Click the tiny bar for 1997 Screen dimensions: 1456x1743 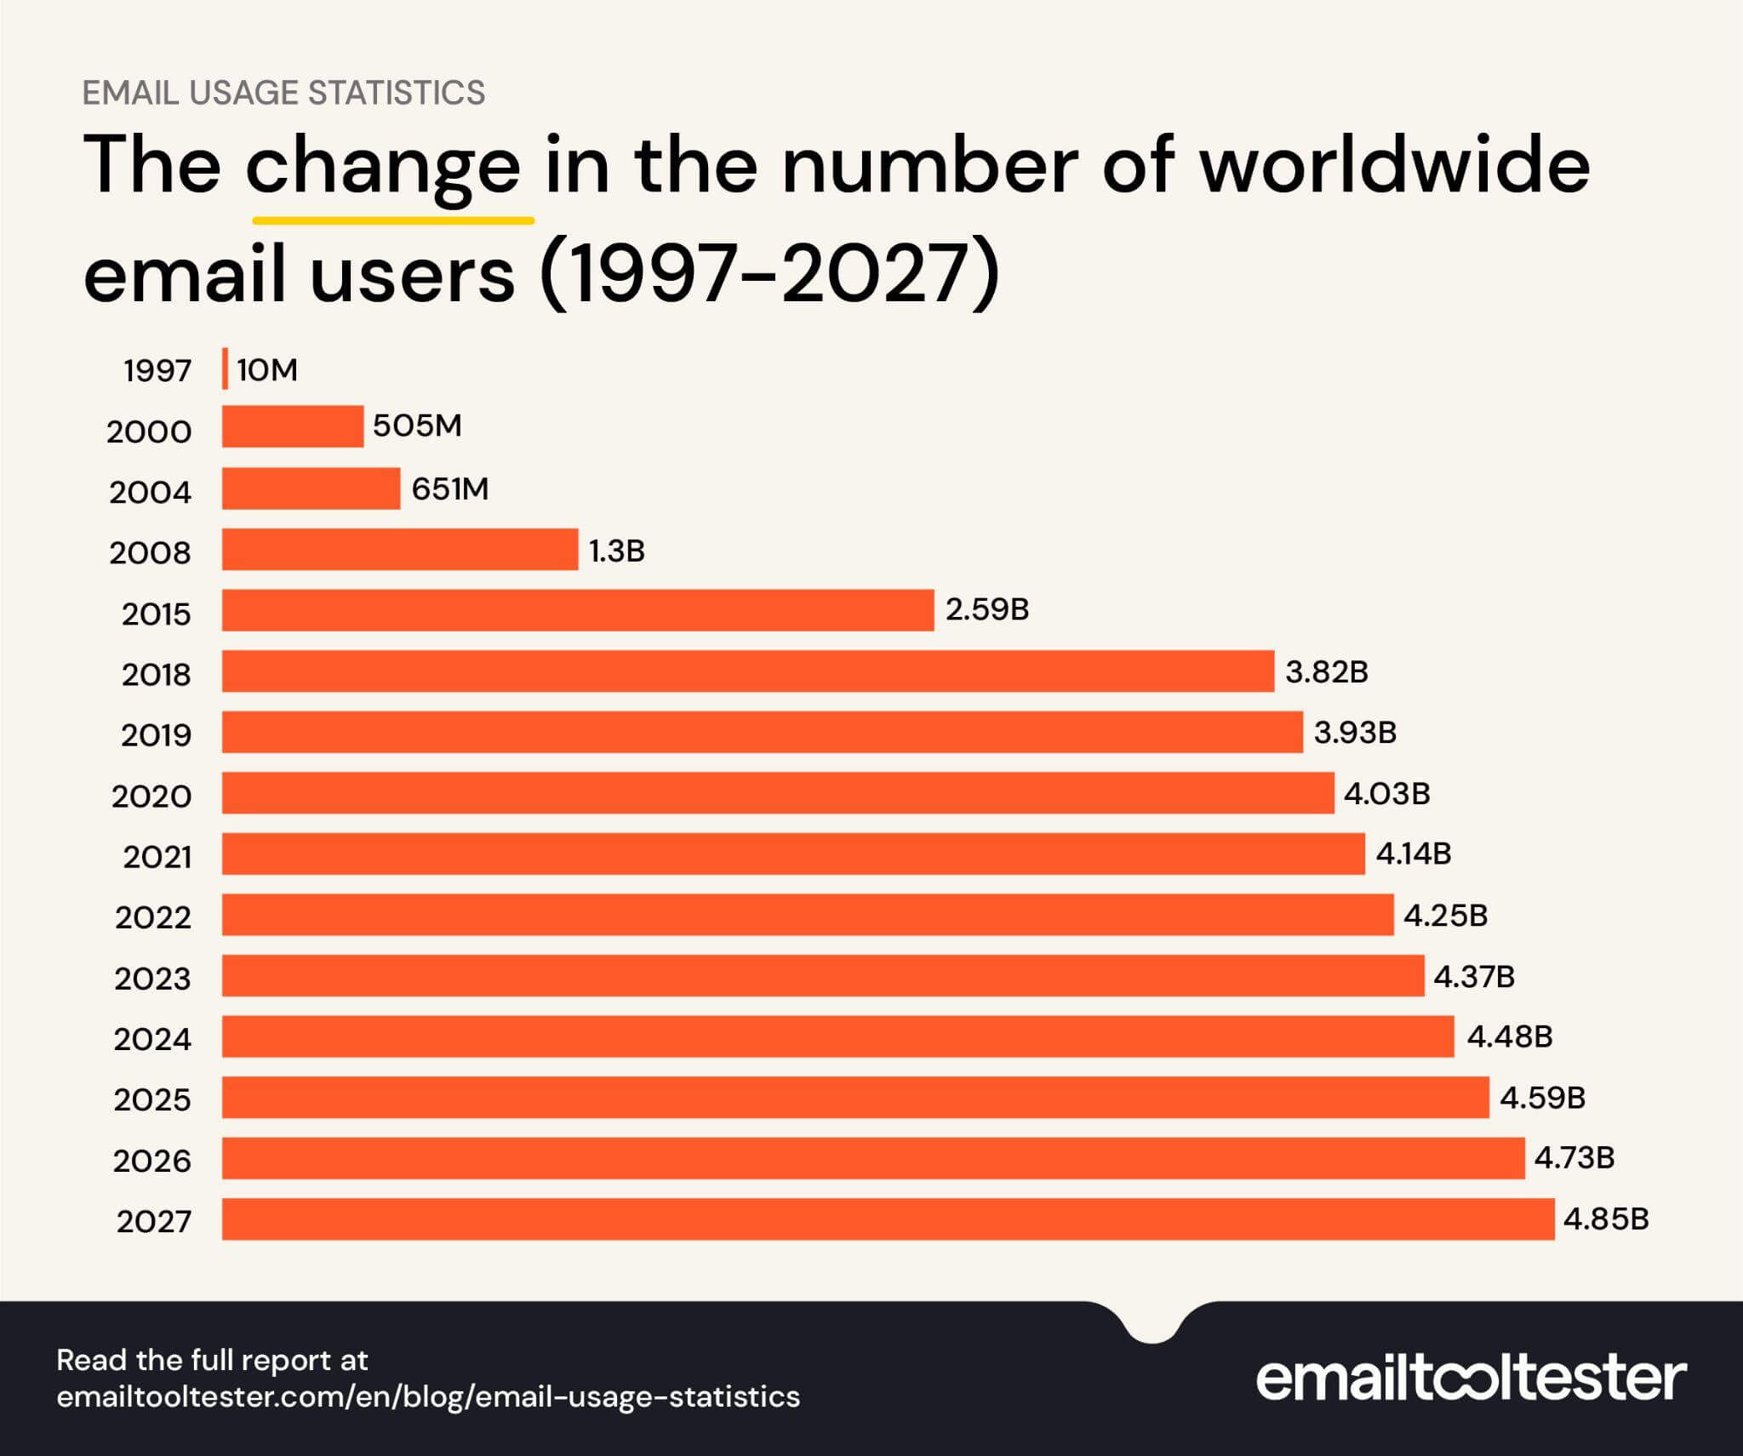(226, 369)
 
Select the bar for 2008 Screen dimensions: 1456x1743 (400, 549)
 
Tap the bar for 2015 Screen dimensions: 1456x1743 (578, 610)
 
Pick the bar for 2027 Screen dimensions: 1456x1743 (888, 1219)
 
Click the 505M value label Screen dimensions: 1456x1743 (417, 425)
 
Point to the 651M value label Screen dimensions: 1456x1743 (450, 489)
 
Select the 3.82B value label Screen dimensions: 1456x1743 (1326, 672)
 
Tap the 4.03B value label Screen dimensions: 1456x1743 (1386, 794)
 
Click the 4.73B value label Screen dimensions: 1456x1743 (1574, 1158)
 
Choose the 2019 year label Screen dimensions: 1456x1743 (157, 735)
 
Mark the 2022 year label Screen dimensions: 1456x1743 (154, 917)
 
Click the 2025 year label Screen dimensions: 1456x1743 (153, 1100)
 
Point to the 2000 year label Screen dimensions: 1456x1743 (150, 432)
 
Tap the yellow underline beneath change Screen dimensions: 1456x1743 (393, 220)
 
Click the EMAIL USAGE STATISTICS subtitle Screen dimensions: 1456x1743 (283, 93)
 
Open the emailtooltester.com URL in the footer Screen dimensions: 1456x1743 (428, 1396)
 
